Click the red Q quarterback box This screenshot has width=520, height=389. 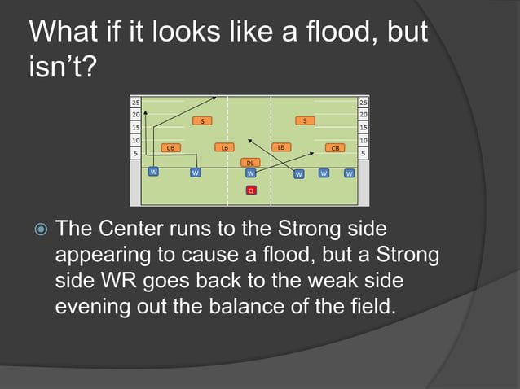click(x=251, y=190)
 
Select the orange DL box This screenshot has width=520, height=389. click(x=251, y=163)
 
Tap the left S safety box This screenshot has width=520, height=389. click(x=203, y=121)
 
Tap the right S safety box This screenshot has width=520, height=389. click(x=305, y=121)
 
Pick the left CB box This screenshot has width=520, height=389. click(x=170, y=148)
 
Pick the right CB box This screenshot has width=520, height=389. click(x=335, y=148)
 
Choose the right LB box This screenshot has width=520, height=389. click(x=280, y=147)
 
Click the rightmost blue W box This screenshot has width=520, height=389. click(x=349, y=173)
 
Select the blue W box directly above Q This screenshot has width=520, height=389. click(x=251, y=173)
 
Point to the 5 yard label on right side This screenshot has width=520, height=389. click(x=363, y=153)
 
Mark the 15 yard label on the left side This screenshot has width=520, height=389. click(x=135, y=128)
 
